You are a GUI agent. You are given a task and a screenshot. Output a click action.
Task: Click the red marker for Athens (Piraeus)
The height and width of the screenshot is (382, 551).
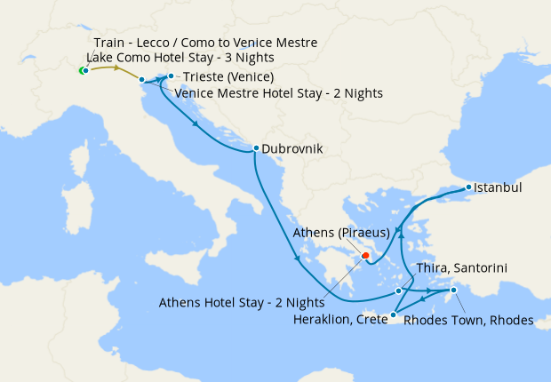(364, 257)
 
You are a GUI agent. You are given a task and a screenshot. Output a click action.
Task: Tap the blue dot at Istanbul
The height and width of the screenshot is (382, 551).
(469, 187)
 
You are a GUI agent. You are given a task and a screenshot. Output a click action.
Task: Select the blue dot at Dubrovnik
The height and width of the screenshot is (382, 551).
(256, 148)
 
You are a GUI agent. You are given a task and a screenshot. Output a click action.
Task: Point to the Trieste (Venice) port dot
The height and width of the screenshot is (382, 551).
(171, 76)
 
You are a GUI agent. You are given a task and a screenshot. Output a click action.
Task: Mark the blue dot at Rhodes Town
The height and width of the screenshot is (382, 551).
(453, 290)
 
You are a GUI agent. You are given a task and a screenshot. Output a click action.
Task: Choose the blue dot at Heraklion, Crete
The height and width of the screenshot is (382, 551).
(393, 314)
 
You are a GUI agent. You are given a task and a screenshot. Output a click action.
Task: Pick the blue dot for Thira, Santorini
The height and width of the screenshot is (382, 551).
(399, 290)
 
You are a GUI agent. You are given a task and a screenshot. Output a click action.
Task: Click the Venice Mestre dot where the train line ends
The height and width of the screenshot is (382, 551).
(141, 80)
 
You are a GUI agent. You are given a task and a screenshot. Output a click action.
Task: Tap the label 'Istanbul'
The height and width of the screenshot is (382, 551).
(498, 188)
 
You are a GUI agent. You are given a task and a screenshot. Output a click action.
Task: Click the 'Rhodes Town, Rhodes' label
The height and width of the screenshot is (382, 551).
(468, 321)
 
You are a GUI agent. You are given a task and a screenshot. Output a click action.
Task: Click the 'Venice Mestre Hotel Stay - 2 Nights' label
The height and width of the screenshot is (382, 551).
(279, 93)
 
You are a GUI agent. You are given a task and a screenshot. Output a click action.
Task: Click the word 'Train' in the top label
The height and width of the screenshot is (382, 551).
(111, 43)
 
